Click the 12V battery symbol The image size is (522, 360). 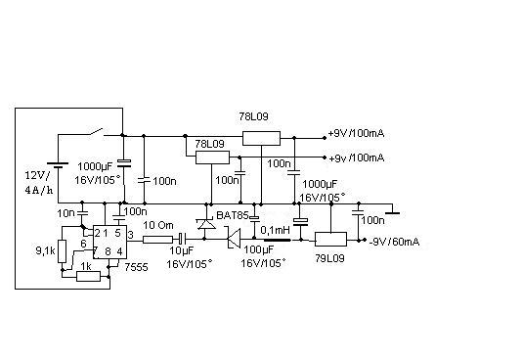point(58,165)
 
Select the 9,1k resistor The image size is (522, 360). point(62,251)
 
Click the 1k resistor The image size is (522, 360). point(88,276)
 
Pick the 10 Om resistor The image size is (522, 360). point(157,239)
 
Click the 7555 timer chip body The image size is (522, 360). point(109,242)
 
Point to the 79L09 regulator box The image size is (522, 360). point(330,239)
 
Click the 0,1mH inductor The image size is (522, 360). point(277,240)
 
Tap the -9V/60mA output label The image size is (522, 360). point(395,242)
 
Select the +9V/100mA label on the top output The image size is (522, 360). point(356,133)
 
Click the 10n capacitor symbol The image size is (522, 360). point(82,212)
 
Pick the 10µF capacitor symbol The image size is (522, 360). point(182,239)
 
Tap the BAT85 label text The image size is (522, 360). point(233,215)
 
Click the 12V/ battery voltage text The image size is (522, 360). point(37,175)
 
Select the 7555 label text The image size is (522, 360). point(136,267)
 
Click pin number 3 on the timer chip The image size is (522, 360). point(131,235)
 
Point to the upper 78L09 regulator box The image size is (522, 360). point(261,139)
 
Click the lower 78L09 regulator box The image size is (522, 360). point(212,157)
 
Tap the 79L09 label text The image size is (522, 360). point(329,258)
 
